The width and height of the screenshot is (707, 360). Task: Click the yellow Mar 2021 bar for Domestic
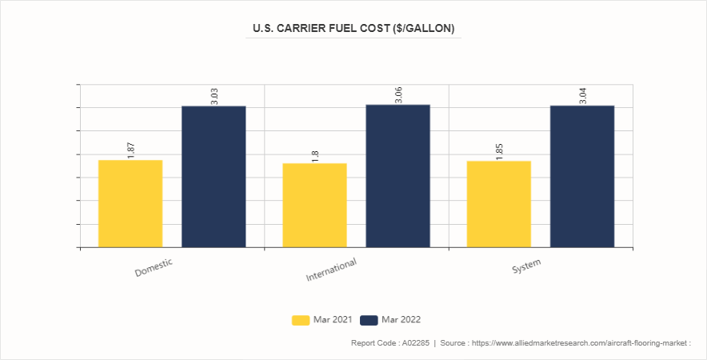[130, 203]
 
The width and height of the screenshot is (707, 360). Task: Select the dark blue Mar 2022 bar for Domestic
[214, 176]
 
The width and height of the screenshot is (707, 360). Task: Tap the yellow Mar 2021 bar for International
[314, 205]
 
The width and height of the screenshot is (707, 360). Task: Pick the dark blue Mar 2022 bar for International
[397, 175]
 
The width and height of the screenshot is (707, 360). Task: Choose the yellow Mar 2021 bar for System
[499, 204]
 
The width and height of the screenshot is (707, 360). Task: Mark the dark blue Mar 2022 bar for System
[582, 176]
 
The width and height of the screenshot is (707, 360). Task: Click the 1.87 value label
[131, 150]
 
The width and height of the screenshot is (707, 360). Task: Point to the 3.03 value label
[214, 96]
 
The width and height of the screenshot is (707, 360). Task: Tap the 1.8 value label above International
[315, 155]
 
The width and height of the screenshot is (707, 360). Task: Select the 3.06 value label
[398, 94]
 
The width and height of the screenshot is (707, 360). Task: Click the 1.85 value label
[499, 151]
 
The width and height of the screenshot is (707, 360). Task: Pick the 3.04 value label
[582, 95]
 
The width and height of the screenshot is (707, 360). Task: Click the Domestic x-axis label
[154, 267]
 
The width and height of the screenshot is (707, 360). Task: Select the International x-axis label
[331, 270]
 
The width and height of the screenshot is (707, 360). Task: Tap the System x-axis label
[526, 266]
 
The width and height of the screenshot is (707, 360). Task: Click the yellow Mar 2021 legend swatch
[301, 320]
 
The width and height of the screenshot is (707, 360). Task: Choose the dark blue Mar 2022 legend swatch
[369, 320]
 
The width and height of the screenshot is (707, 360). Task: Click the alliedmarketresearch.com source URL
[582, 343]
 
